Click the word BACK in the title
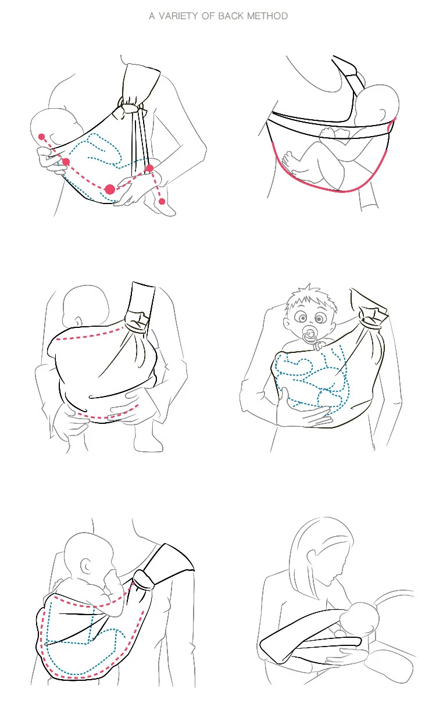tap(231, 16)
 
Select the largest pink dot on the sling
tap(110, 190)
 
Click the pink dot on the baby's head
tap(42, 137)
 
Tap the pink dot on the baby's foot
tap(162, 201)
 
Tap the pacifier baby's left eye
tap(319, 318)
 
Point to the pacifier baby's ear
tap(287, 325)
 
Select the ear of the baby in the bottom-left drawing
tap(86, 566)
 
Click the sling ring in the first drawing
tap(121, 102)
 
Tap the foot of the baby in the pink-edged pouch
tap(289, 161)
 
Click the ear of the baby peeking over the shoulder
tap(383, 113)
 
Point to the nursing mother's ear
tap(311, 558)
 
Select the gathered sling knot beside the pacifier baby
tap(373, 317)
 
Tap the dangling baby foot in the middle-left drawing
tap(148, 439)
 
